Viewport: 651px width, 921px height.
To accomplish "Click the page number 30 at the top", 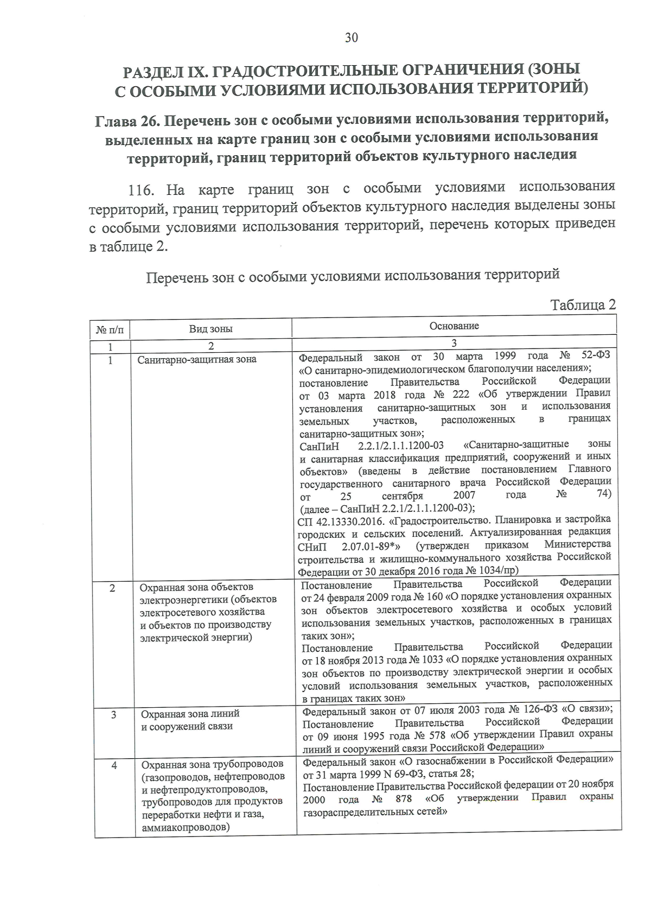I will click(x=351, y=37).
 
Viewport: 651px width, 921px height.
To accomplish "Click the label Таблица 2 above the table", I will click(x=583, y=304).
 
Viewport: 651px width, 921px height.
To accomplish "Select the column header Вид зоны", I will click(x=210, y=329).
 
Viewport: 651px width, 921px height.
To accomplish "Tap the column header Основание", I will click(x=454, y=326).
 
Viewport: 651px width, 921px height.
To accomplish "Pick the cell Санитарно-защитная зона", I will click(x=196, y=359).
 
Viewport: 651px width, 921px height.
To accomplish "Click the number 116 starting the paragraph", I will click(x=142, y=190).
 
